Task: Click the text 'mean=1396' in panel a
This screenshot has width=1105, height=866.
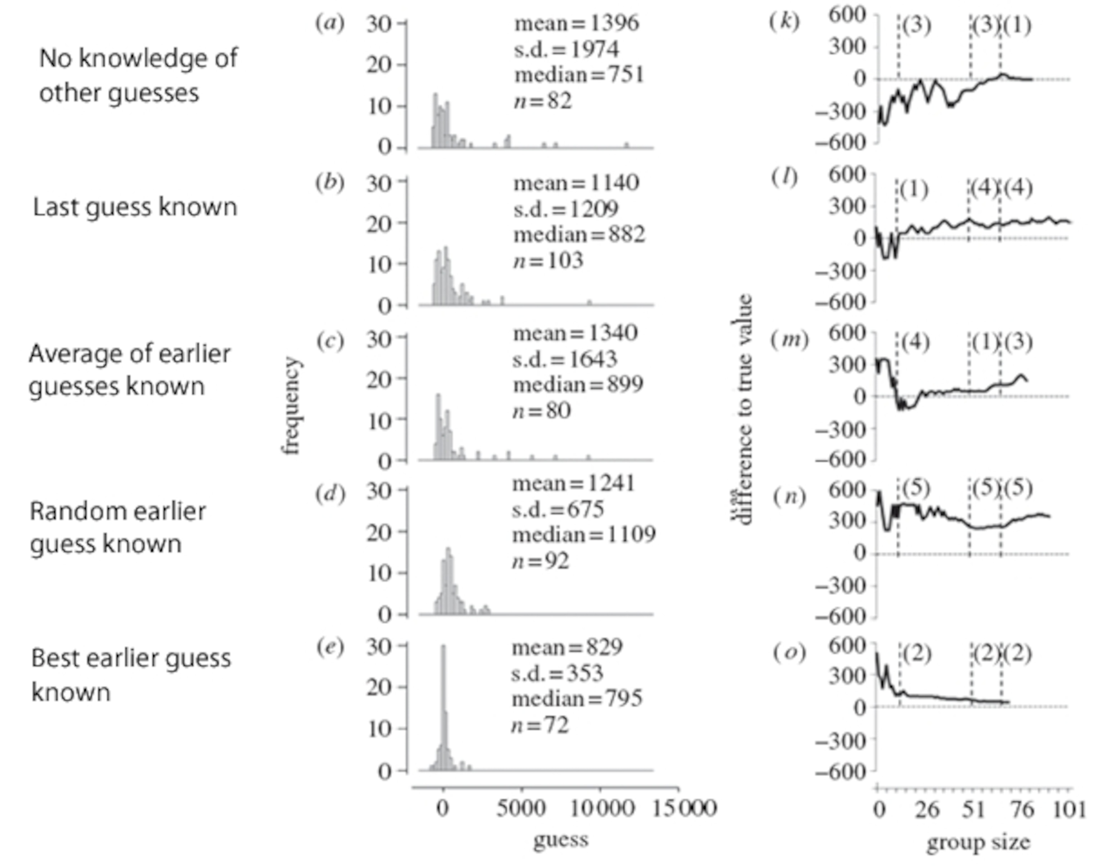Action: [577, 24]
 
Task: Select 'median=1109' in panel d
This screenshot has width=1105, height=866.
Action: [584, 534]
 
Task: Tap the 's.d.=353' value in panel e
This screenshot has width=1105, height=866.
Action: [557, 673]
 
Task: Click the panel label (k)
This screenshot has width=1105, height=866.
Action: [784, 22]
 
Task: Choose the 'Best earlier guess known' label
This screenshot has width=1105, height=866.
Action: [131, 675]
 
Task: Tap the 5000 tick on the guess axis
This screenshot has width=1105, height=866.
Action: [520, 808]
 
